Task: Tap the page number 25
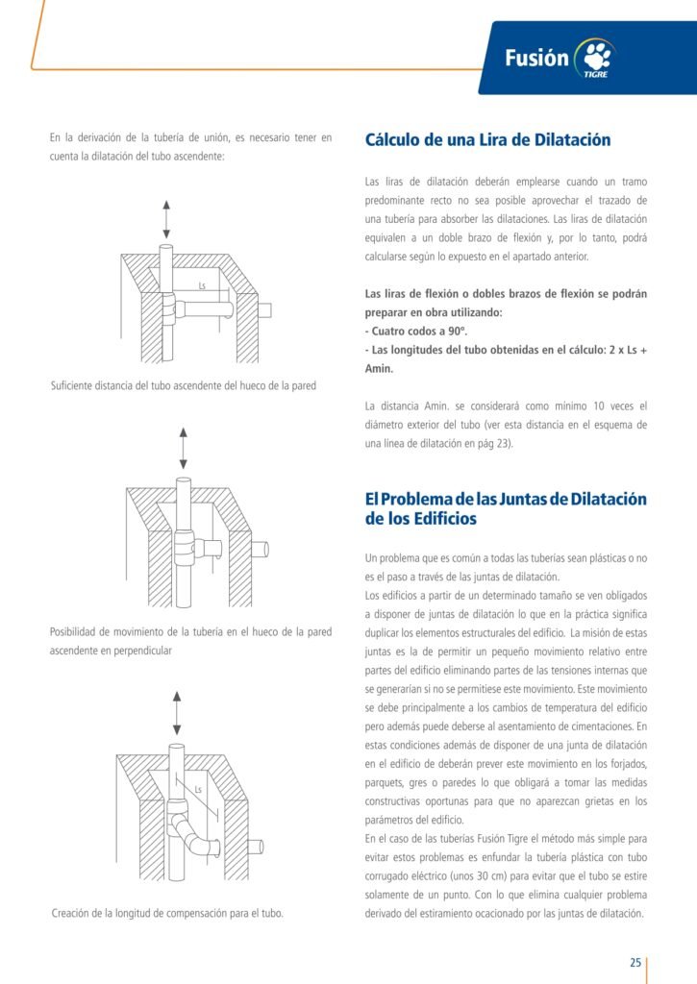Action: (635, 963)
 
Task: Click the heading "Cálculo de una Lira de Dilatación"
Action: (487, 140)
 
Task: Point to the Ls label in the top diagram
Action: (202, 286)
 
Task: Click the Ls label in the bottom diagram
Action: (198, 791)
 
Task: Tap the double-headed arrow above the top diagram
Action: (166, 220)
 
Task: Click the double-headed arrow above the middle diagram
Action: (183, 449)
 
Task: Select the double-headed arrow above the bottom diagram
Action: (175, 711)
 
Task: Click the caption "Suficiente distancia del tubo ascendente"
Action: (183, 386)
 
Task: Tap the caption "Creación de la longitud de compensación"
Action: (167, 913)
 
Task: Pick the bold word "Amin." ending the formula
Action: (381, 368)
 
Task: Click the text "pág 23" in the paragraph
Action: (493, 442)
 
